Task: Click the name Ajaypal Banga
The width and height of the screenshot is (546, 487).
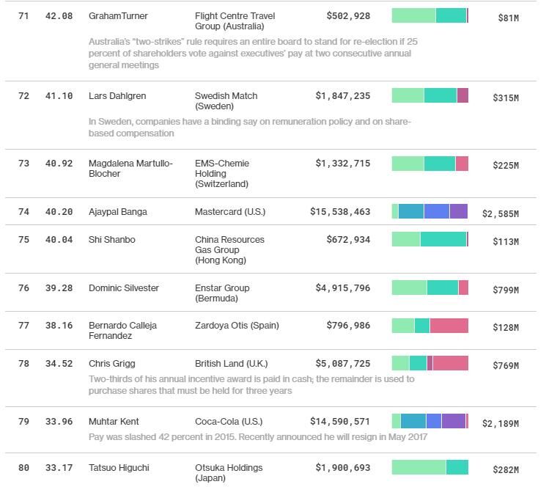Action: click(x=117, y=212)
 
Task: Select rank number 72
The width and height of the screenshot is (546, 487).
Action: click(x=24, y=96)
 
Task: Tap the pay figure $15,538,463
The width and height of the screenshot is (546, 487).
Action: click(x=340, y=212)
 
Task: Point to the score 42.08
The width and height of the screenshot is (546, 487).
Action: click(x=59, y=16)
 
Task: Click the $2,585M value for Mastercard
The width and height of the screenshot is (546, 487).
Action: click(x=500, y=214)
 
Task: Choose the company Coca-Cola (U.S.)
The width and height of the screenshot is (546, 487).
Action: click(x=230, y=422)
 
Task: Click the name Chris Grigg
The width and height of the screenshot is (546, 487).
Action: click(x=112, y=364)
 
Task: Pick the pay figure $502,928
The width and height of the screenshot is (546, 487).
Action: click(x=348, y=16)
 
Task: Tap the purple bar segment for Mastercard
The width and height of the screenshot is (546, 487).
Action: click(x=458, y=212)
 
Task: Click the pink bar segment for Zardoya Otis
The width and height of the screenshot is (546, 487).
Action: click(x=449, y=326)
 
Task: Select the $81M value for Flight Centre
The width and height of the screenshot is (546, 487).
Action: click(x=508, y=18)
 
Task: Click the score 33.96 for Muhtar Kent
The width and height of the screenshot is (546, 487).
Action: click(x=59, y=422)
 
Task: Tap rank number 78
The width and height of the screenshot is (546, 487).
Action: click(x=24, y=364)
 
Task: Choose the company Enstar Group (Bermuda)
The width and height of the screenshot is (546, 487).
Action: click(x=222, y=293)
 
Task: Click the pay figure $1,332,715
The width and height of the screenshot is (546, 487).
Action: click(x=343, y=164)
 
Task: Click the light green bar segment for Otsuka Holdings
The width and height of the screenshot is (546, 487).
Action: click(x=418, y=467)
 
